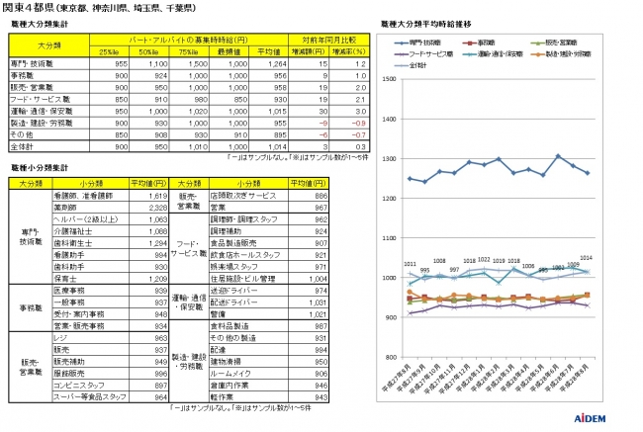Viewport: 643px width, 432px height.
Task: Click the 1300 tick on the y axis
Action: [x=389, y=158]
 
